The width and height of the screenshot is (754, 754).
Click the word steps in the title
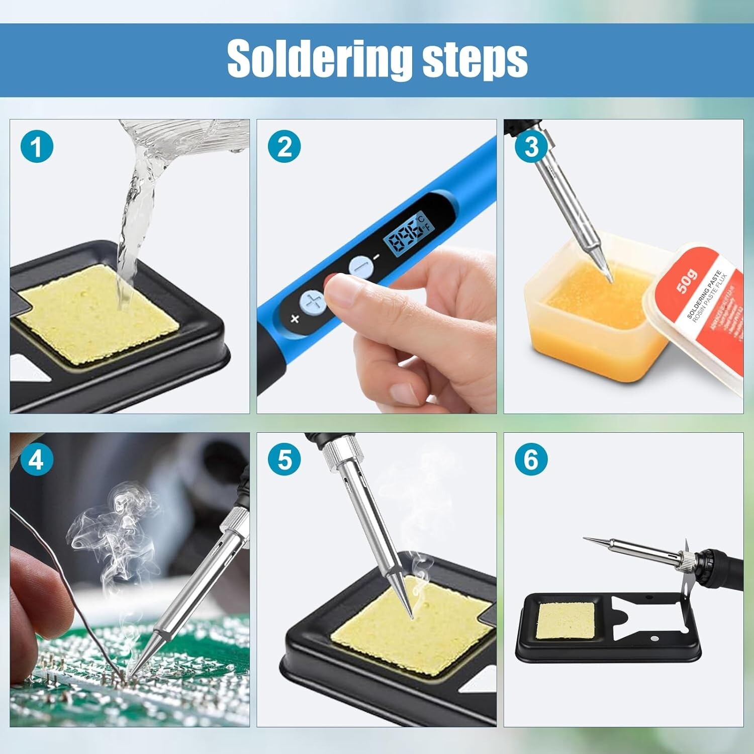pyautogui.click(x=475, y=60)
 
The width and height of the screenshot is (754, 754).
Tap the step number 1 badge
pyautogui.click(x=37, y=148)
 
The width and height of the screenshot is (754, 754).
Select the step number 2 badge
pyautogui.click(x=284, y=148)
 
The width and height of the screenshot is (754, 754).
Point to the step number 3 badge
pyautogui.click(x=531, y=148)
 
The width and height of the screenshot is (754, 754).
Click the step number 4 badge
pyautogui.click(x=37, y=460)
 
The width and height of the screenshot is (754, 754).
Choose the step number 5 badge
pyautogui.click(x=284, y=460)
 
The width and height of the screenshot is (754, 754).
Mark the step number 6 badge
pyautogui.click(x=531, y=460)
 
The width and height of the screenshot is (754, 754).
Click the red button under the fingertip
pyautogui.click(x=330, y=281)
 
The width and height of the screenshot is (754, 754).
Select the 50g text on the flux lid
pyautogui.click(x=687, y=281)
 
